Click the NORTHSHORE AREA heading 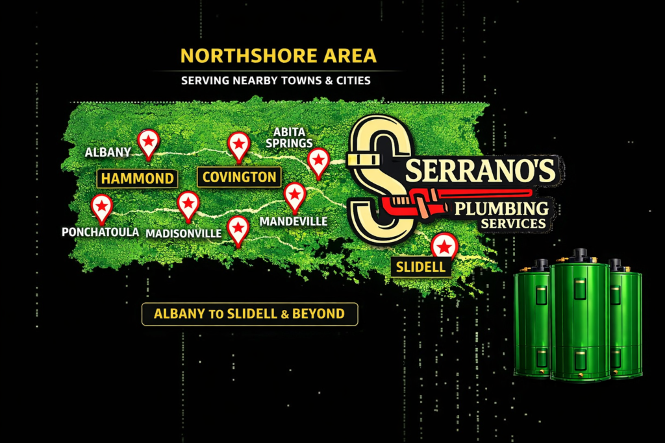278,56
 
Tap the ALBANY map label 108,152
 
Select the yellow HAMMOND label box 136,178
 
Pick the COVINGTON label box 239,177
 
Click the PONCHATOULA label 100,232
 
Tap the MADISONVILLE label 183,233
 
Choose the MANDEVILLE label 294,222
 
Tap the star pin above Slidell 444,246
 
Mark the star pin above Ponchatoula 101,206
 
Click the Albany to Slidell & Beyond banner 249,314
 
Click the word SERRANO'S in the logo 481,171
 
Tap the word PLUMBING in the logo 501,209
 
